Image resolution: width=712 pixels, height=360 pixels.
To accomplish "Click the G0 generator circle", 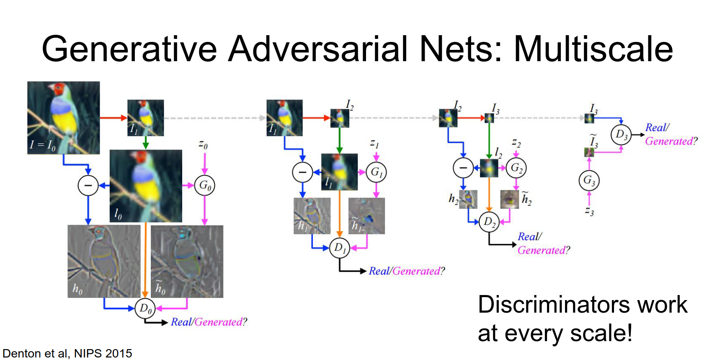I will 204,185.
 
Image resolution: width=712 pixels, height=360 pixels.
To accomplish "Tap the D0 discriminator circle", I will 145,308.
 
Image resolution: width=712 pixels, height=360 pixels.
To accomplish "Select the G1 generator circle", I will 376,172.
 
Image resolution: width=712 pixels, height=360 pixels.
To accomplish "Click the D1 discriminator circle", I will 340,248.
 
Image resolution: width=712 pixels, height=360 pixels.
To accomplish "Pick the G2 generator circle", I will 516,168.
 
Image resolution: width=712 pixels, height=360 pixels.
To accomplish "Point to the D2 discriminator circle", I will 489,222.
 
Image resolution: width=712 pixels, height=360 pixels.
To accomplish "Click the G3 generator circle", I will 589,181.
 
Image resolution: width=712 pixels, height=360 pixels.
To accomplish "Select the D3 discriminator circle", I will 621,135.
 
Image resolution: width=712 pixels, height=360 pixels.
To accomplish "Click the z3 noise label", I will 589,211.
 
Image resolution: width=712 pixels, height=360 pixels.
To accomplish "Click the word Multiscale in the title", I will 593,49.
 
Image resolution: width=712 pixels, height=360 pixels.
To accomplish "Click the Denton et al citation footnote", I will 67,353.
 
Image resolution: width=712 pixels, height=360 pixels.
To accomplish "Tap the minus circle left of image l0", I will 88,185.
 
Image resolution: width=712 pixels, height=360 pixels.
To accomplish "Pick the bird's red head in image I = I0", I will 58,89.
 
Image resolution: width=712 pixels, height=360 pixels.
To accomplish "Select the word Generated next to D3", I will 669,141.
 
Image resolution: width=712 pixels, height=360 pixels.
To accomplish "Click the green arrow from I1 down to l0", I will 145,142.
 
